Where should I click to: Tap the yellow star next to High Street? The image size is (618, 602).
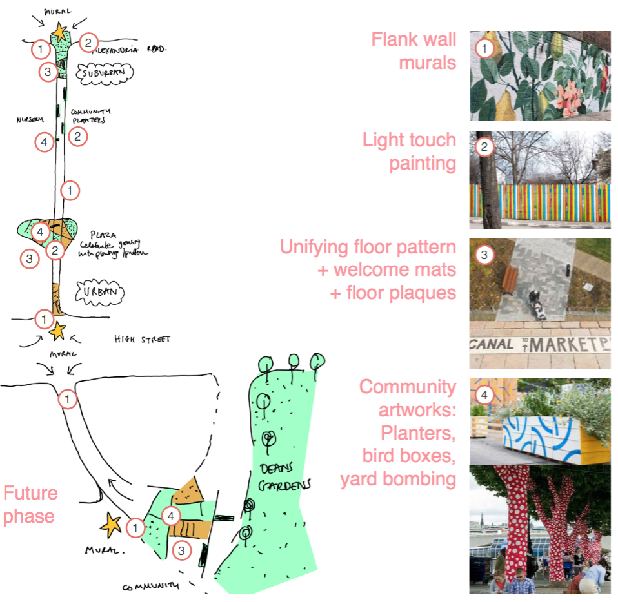point(58,331)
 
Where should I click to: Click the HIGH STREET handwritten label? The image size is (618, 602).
point(142,340)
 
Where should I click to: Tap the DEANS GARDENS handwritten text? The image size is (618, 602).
point(281,476)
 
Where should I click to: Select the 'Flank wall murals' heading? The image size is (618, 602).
point(414,51)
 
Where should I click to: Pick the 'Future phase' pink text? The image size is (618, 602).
point(30,505)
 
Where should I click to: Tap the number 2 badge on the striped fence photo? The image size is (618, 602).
point(484,148)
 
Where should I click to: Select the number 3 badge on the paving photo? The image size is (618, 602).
point(484,255)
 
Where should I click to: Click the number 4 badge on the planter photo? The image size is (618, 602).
point(484,394)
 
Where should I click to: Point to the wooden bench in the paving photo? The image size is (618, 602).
point(510,280)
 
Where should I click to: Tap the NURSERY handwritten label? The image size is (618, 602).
point(30,119)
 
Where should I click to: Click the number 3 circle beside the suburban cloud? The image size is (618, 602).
point(47,72)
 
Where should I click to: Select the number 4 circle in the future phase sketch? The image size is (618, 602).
point(171,516)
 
